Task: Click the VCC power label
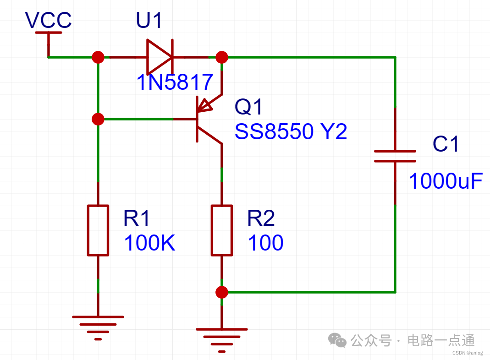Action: click(49, 20)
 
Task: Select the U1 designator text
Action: click(149, 20)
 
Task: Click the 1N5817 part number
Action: click(175, 82)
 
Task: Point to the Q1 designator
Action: click(248, 107)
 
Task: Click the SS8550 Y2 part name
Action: click(291, 131)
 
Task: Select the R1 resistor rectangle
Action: click(98, 230)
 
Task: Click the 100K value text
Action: click(149, 243)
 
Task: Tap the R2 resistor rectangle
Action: click(222, 230)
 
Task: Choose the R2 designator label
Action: click(261, 218)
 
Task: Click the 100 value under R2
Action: click(265, 243)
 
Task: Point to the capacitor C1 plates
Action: click(395, 156)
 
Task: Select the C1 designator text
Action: click(446, 144)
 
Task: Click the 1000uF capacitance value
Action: click(446, 181)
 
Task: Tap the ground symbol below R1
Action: click(98, 328)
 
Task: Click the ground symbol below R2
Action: click(222, 340)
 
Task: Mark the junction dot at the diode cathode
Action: click(222, 57)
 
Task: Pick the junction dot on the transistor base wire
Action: click(98, 119)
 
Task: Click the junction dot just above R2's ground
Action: click(222, 292)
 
